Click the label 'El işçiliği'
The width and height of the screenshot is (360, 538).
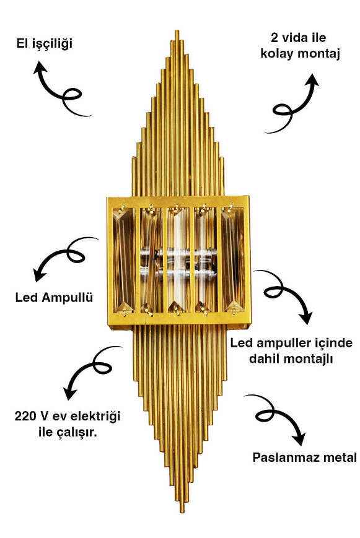45,44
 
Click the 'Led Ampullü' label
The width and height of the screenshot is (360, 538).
55,297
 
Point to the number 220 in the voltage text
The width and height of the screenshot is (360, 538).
25,416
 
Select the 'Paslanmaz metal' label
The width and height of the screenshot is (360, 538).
305,458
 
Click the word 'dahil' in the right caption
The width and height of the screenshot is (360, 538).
263,359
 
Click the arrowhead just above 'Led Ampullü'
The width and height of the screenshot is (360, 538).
39,275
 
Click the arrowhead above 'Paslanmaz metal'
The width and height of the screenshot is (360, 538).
299,438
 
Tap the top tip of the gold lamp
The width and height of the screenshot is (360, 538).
177,31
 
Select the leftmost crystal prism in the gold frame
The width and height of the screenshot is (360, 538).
123,259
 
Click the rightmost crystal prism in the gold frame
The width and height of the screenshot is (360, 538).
232,259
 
